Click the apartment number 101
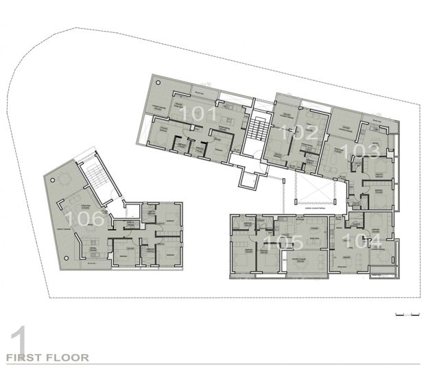pos(196,114)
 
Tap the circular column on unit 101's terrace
pos(158,82)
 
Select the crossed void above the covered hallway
pos(312,189)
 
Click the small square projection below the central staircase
pos(247,182)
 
